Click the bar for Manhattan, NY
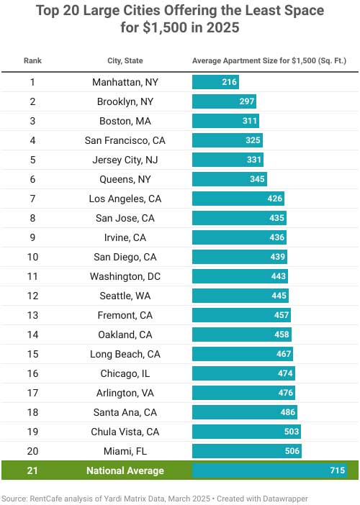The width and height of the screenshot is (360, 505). (215, 82)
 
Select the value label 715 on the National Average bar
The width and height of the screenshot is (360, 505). (337, 470)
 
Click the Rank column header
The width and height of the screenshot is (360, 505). (32, 60)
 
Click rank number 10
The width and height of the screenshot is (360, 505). (32, 257)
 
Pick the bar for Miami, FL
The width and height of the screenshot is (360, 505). (246, 451)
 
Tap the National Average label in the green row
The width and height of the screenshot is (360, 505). (125, 470)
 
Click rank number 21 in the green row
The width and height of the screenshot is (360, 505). (32, 470)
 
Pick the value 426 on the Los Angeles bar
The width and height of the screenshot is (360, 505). (275, 199)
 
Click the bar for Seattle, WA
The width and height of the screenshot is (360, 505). (240, 296)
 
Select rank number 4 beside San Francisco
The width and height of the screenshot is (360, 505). (32, 140)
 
